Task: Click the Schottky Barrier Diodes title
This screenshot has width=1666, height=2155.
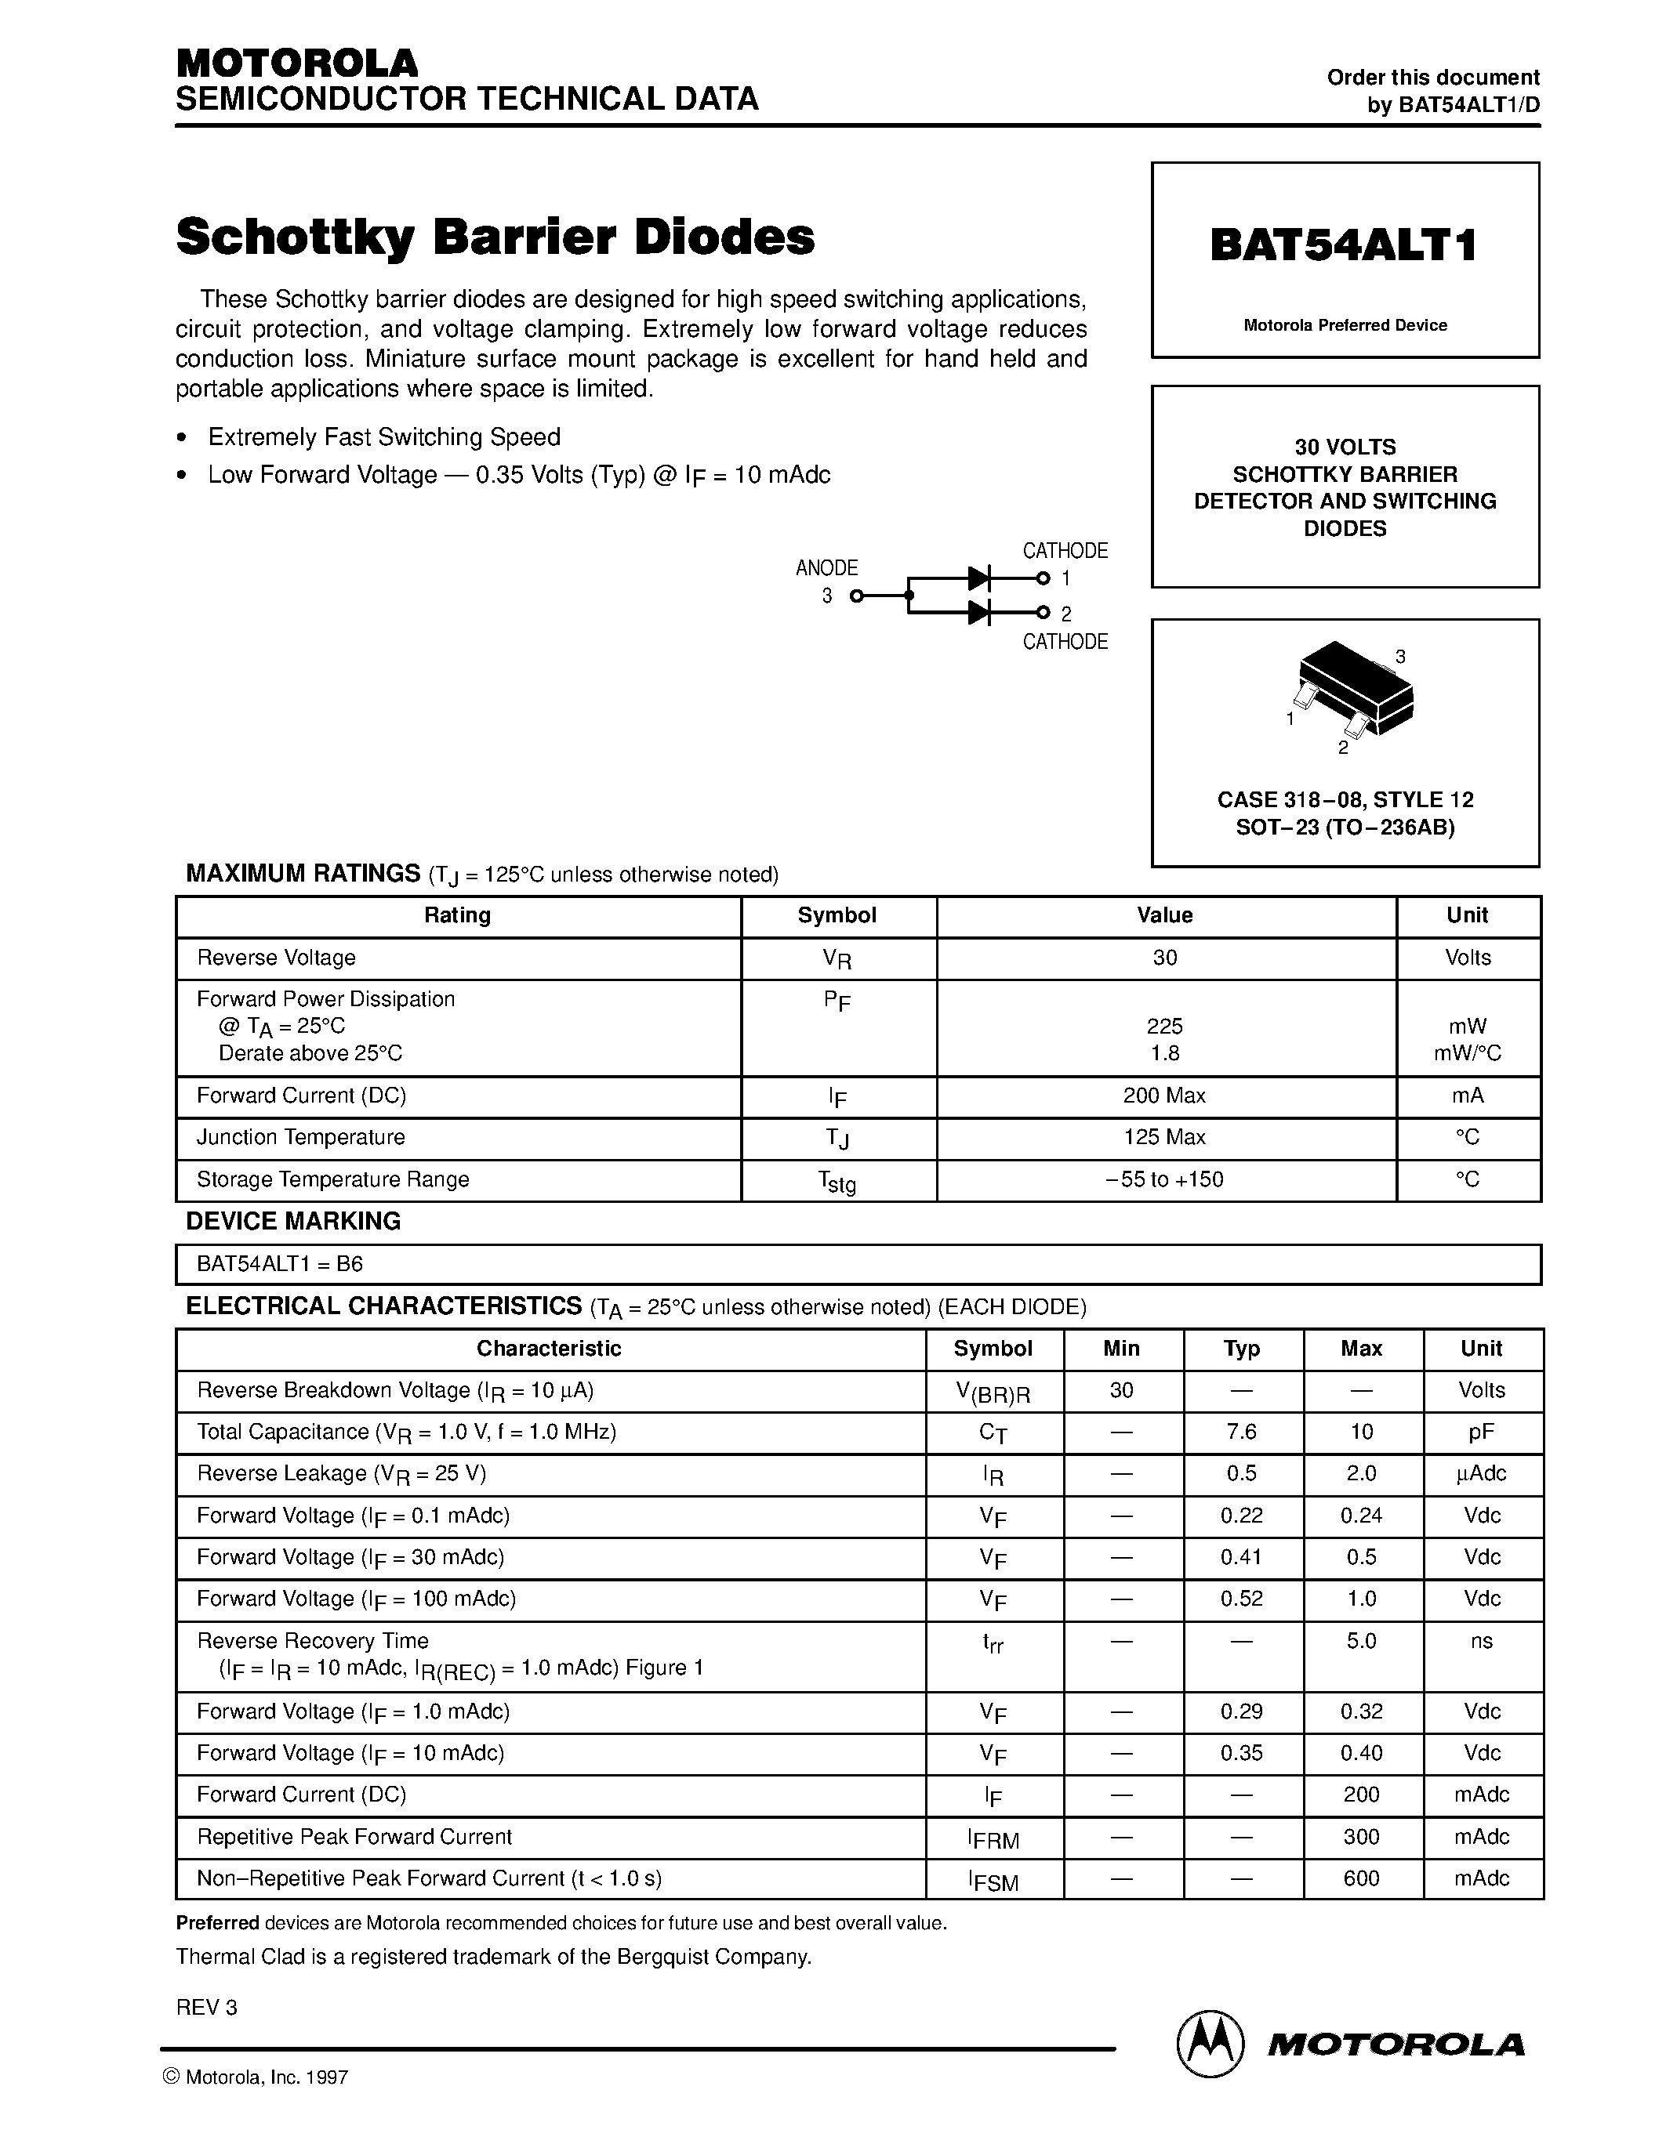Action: (495, 237)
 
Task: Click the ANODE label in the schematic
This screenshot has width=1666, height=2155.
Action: (826, 568)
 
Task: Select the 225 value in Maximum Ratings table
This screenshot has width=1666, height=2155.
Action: (1164, 1027)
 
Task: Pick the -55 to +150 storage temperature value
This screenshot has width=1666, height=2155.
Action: (1164, 1179)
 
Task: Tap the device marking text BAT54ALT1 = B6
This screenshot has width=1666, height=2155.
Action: (281, 1264)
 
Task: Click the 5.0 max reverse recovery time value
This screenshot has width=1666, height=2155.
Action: (1360, 1641)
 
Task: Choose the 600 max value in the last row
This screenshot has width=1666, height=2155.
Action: (1360, 1878)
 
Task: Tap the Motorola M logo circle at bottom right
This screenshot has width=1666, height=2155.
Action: (1208, 2044)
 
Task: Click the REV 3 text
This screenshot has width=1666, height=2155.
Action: (206, 2007)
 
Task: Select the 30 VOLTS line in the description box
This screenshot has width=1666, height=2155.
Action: (1345, 447)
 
